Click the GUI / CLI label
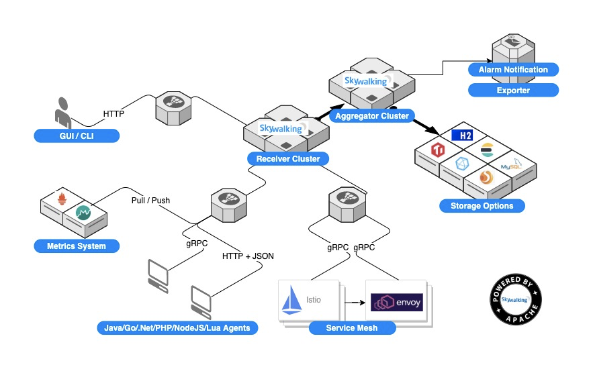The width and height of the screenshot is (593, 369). [77, 136]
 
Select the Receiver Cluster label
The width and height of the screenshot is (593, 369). [288, 158]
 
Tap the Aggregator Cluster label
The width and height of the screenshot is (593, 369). [372, 116]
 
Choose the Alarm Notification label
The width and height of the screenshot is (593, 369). [513, 70]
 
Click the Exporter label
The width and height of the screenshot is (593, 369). [513, 91]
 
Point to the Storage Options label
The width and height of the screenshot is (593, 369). [482, 206]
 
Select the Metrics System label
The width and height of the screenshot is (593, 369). [77, 246]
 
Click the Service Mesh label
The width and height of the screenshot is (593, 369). [352, 328]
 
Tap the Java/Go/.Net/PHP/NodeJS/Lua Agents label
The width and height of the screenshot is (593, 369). [177, 328]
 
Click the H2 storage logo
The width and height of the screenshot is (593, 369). [462, 136]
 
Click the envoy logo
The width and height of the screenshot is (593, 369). [397, 302]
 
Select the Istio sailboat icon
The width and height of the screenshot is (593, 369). [291, 301]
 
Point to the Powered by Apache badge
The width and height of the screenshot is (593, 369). [516, 299]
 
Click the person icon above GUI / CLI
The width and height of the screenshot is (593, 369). [62, 113]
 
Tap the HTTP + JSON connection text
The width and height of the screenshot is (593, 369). [248, 256]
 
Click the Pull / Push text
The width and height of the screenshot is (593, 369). [150, 201]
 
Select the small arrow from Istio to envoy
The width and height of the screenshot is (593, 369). [355, 303]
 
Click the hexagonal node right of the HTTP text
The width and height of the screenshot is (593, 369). [173, 108]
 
